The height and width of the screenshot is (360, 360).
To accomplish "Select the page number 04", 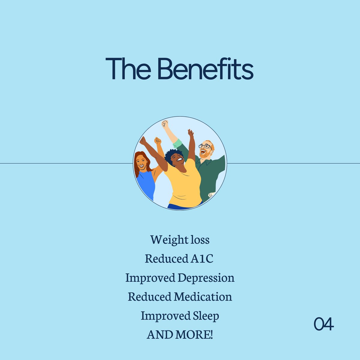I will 324,324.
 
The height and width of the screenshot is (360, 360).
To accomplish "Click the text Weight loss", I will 180,240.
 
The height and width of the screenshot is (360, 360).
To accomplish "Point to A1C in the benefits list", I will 202,259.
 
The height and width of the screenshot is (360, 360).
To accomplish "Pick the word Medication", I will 203,297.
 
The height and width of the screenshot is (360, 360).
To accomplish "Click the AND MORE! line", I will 180,334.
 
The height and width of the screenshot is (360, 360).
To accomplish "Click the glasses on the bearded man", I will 205,146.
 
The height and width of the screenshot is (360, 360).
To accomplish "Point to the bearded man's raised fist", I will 165,123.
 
